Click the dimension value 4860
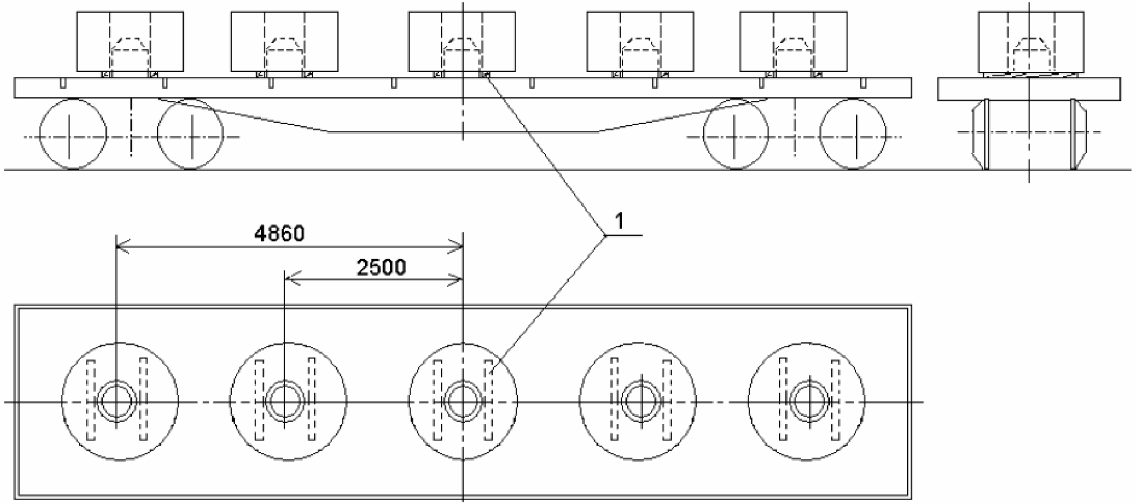tap(279, 233)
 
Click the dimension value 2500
tap(381, 267)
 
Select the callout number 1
tap(620, 221)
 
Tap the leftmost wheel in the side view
tap(73, 134)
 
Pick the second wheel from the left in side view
tap(191, 134)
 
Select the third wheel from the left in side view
tap(736, 134)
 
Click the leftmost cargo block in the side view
tap(130, 42)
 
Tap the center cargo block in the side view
tap(462, 42)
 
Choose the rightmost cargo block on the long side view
tap(794, 42)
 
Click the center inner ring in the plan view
tap(444, 400)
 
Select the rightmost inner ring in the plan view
tap(791, 400)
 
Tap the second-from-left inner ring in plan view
tap(265, 400)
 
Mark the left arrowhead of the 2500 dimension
tap(291, 280)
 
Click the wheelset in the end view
tap(1029, 134)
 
